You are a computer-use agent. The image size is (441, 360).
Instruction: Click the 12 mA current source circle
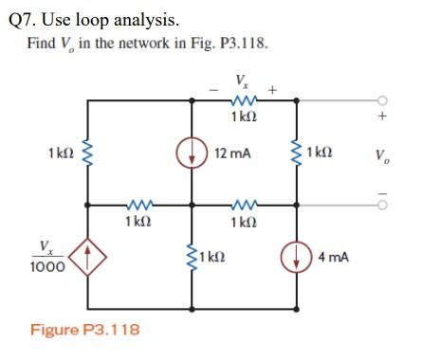tap(195, 152)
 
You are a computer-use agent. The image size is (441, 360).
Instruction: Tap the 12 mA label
tap(233, 152)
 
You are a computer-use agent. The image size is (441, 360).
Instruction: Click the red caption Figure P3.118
tap(84, 330)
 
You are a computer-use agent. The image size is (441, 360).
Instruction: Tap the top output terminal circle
tap(382, 99)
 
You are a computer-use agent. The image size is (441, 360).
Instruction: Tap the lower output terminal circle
tap(382, 203)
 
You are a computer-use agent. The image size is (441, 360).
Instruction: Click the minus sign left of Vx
tap(214, 91)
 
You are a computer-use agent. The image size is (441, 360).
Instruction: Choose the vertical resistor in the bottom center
tap(195, 257)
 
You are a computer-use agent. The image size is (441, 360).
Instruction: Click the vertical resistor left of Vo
tap(296, 152)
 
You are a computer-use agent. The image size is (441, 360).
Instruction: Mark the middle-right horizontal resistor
tap(243, 203)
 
